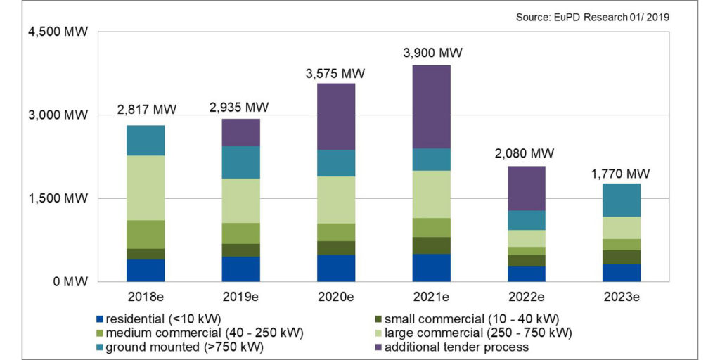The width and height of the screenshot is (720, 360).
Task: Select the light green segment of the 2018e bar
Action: click(x=146, y=188)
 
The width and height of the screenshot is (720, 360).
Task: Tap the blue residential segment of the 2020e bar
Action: click(x=335, y=268)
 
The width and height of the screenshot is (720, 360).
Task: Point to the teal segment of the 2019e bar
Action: click(x=240, y=162)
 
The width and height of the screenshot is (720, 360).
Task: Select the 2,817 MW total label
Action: click(x=146, y=110)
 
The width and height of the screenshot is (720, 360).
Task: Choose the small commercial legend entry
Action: click(x=465, y=317)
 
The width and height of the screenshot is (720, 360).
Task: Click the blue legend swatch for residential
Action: click(x=99, y=317)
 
